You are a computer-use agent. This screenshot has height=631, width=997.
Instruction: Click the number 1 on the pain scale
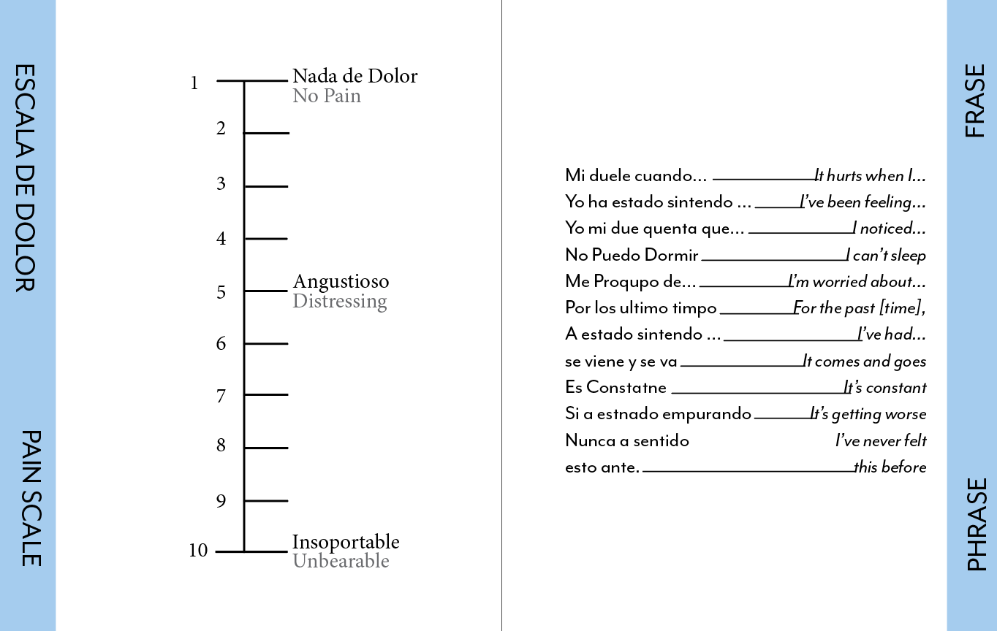point(194,83)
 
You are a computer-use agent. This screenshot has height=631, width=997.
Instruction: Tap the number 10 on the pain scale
point(198,551)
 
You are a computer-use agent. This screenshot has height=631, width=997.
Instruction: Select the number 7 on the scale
point(221,397)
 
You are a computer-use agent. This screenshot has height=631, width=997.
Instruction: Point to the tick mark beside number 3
point(266,186)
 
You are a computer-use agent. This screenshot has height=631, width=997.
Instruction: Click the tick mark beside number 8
point(266,448)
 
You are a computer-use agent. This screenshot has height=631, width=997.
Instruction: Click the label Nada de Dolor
point(355,76)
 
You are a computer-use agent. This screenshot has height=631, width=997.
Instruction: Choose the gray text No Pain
point(327,96)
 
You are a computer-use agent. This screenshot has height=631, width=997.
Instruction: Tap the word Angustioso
point(341,281)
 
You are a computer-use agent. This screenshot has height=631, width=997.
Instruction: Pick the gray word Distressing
point(340,301)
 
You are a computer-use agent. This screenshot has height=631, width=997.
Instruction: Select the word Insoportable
point(346,542)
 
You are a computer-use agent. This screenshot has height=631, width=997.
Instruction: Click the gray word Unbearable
point(341,561)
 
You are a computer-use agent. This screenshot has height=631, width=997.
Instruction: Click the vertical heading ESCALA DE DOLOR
point(26,177)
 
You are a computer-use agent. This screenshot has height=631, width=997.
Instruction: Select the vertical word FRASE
point(975,101)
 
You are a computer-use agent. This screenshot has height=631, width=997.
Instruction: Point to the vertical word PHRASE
point(977,524)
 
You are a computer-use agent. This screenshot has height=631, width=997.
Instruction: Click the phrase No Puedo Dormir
point(632,255)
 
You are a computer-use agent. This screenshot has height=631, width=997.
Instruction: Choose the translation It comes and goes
point(864,362)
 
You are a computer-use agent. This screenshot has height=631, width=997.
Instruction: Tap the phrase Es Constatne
point(615,387)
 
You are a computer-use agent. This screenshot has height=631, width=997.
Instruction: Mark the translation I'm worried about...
point(857,282)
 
